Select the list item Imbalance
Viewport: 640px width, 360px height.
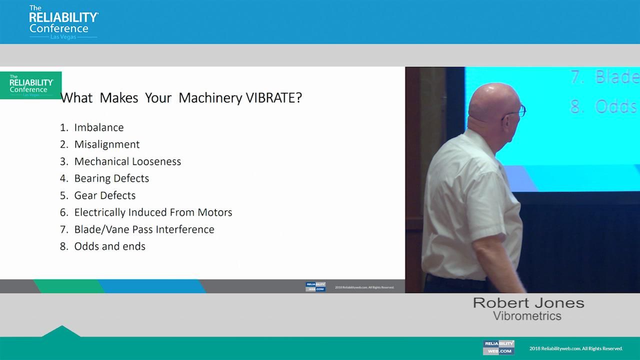(98, 127)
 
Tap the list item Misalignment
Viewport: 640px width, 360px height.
(106, 144)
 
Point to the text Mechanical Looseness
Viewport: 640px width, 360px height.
(127, 161)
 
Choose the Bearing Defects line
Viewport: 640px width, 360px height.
(111, 178)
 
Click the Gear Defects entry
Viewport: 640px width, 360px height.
(104, 195)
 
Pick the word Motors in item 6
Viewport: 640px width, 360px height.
(214, 212)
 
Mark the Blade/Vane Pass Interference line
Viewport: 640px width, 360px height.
(144, 229)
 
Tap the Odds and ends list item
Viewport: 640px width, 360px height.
(109, 246)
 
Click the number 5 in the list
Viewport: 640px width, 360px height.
(63, 195)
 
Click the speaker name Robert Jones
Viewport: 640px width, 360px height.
(528, 303)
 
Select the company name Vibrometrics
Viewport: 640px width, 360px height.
(527, 316)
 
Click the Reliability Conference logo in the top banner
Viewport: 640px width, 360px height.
(63, 22)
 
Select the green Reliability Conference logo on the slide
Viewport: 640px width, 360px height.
(31, 85)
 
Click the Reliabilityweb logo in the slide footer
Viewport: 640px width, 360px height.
(315, 287)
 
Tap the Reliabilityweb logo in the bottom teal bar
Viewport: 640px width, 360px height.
(498, 347)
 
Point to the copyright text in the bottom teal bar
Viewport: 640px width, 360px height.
(576, 348)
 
